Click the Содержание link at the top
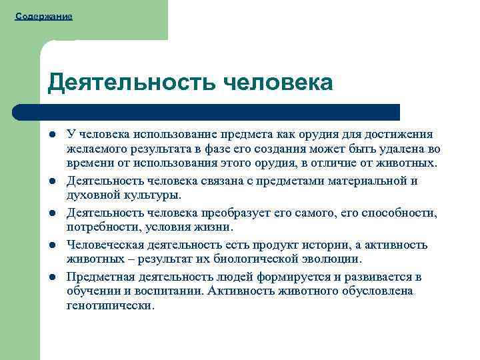[x=43, y=15]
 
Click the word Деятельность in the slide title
[x=131, y=83]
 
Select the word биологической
[x=254, y=259]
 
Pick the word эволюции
[x=333, y=259]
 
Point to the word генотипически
[x=110, y=306]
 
